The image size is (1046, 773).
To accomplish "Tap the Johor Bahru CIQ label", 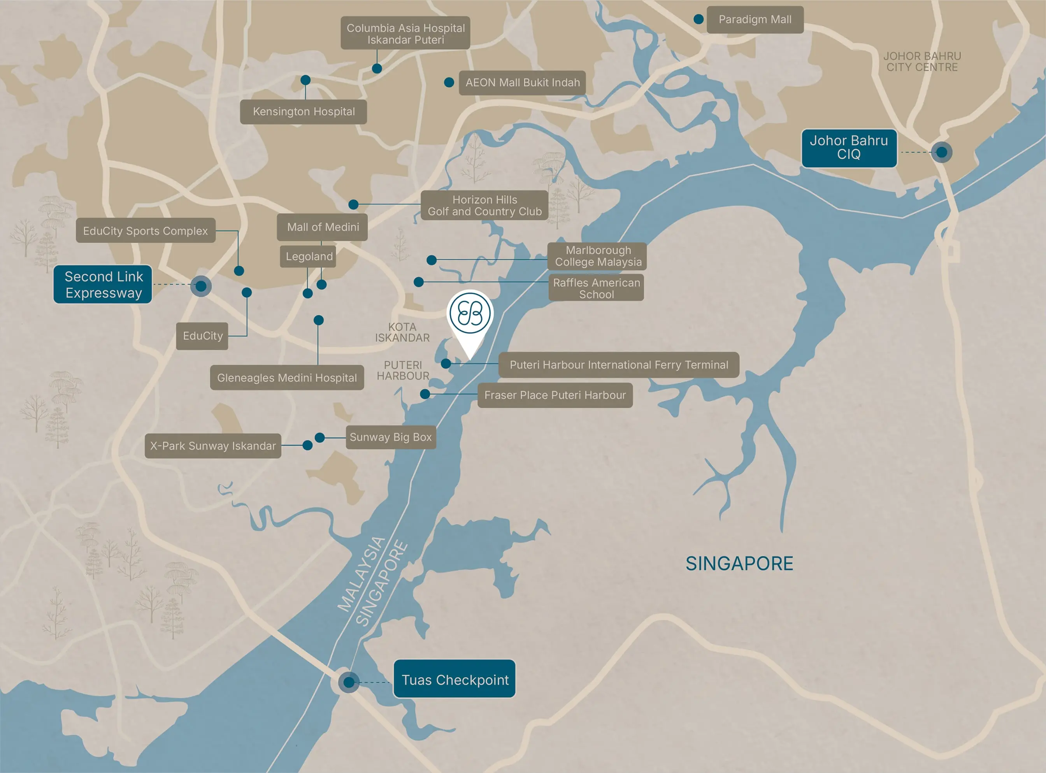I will click(849, 148).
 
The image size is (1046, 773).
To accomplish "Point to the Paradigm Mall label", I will click(755, 19).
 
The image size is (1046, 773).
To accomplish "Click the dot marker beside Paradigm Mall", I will click(699, 19).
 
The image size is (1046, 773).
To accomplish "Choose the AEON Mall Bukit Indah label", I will click(522, 83).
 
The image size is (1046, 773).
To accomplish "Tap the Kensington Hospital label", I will click(303, 112).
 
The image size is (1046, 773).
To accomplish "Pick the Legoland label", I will click(308, 256).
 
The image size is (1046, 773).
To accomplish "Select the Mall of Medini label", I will click(322, 227).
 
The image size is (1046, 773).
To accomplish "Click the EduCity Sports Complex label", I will click(146, 231).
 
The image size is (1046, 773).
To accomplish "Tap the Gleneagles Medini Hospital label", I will click(287, 378).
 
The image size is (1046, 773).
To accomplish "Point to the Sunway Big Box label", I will click(391, 437).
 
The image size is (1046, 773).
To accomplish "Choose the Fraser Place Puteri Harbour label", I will click(555, 395).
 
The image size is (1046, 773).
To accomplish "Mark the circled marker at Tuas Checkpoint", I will click(349, 682).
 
